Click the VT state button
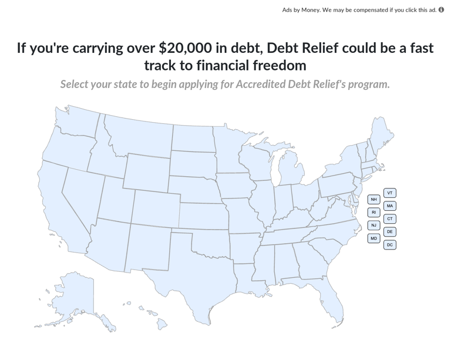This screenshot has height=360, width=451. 390,193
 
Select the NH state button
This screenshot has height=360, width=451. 374,200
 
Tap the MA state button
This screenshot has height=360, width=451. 390,206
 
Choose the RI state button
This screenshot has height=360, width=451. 374,213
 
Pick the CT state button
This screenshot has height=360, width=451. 390,219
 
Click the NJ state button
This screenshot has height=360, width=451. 374,226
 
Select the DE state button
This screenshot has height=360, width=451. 390,232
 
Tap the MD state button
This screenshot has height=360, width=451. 374,238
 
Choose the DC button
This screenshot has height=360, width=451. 390,245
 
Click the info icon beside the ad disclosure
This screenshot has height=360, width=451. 442,10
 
